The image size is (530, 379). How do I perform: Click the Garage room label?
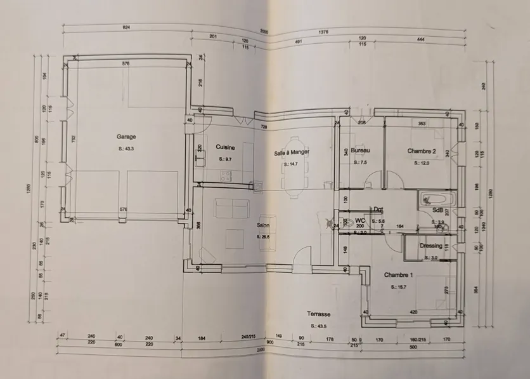pyautogui.click(x=126, y=136)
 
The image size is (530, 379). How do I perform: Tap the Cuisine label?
pyautogui.click(x=226, y=147)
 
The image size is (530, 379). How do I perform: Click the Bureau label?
pyautogui.click(x=360, y=150)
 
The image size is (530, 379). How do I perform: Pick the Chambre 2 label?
pyautogui.click(x=422, y=151)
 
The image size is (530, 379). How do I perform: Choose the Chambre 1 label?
pyautogui.click(x=398, y=275)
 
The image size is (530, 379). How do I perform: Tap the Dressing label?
pyautogui.click(x=431, y=246)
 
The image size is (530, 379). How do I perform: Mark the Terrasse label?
pyautogui.click(x=319, y=314)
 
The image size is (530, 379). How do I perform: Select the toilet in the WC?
pyautogui.click(x=345, y=223)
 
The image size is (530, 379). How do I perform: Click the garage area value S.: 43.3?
pyautogui.click(x=126, y=149)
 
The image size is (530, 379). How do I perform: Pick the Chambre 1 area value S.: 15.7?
pyautogui.click(x=398, y=287)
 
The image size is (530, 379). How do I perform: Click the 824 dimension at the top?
pyautogui.click(x=126, y=28)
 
